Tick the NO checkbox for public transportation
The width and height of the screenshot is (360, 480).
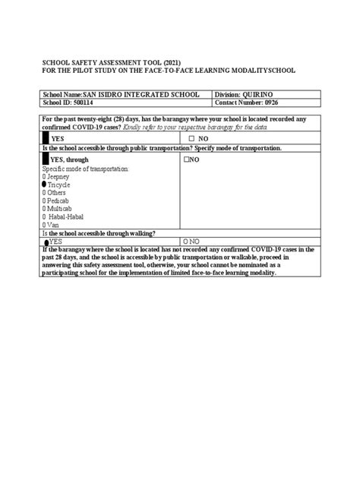(x=185, y=161)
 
